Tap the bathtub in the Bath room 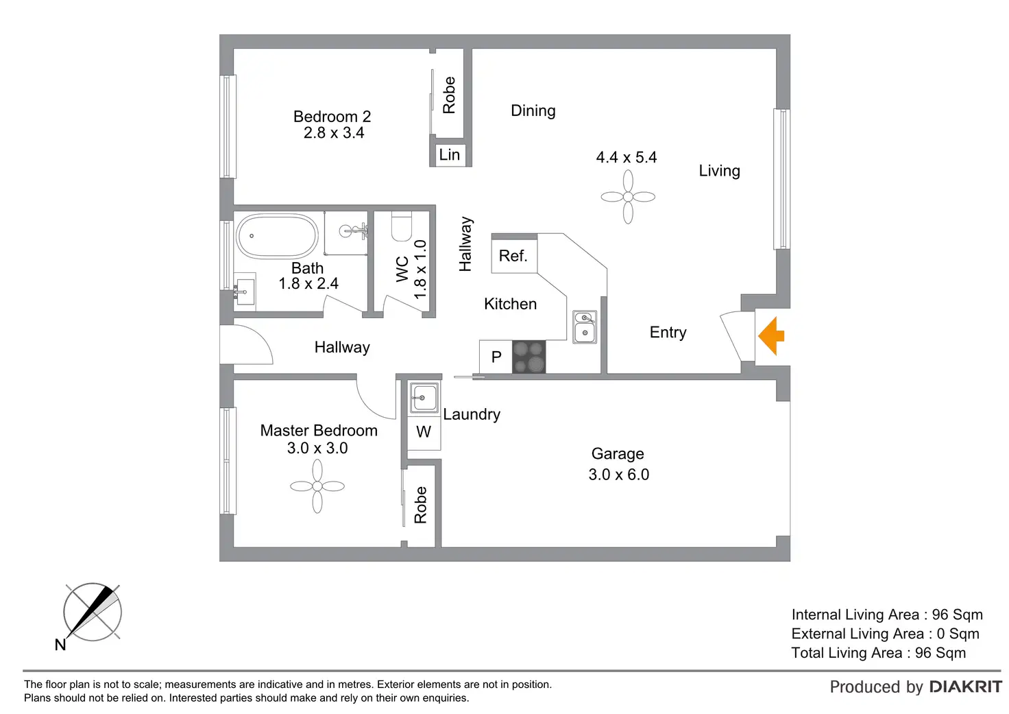coord(277,236)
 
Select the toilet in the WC coord(401,226)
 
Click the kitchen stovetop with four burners coord(528,357)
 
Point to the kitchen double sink coord(585,326)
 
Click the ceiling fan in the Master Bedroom coord(317,486)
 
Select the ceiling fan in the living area coord(628,197)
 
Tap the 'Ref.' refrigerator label coord(513,256)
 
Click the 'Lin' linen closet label coord(450,155)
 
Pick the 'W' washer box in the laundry coord(424,432)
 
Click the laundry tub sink coord(424,398)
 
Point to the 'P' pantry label coord(496,357)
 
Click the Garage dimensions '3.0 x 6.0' coord(618,475)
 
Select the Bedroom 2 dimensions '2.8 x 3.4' coord(334,133)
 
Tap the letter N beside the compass coord(60,645)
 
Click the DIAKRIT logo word coord(965,687)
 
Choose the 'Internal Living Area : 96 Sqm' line coord(886,615)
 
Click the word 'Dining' coord(533,111)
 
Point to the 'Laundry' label coord(472,414)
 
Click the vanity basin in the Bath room coord(244,291)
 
